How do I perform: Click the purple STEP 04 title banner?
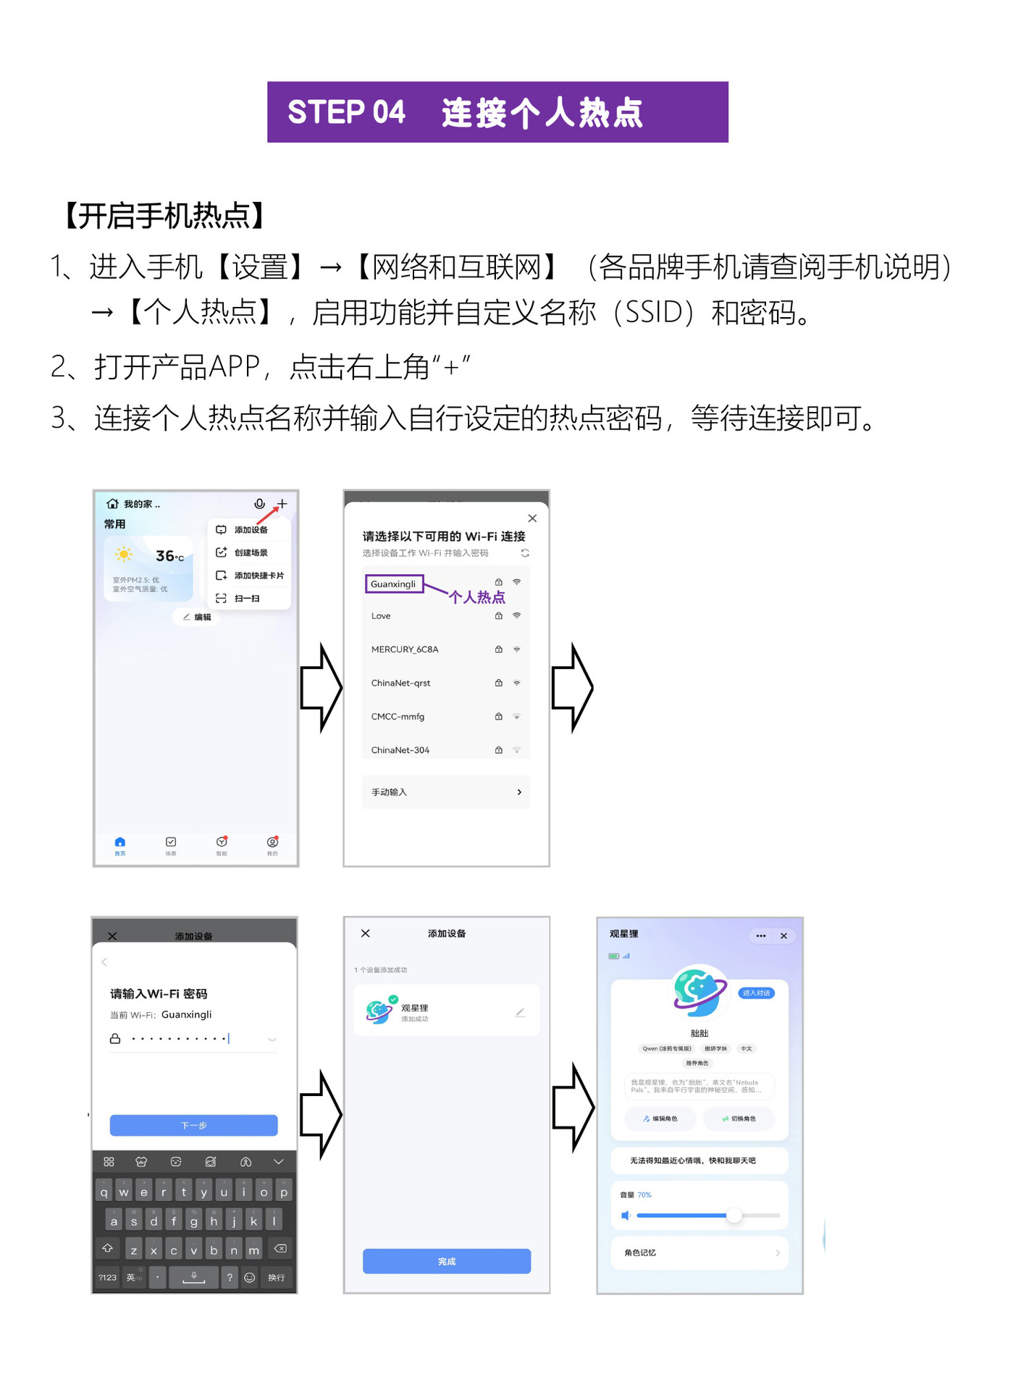click(497, 112)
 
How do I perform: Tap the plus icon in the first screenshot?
click(282, 504)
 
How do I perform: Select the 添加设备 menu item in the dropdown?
click(251, 530)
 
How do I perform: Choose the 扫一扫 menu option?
click(246, 599)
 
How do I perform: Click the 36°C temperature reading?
click(169, 556)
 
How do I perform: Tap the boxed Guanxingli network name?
click(394, 584)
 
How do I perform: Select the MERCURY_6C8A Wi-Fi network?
click(405, 649)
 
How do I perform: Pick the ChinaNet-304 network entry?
click(400, 750)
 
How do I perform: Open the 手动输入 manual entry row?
click(445, 792)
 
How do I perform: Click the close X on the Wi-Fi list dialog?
click(532, 518)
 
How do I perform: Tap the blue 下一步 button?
click(193, 1125)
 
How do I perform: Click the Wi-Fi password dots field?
click(181, 1039)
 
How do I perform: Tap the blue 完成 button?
click(446, 1261)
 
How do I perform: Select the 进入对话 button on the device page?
click(756, 993)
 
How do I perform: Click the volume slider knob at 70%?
click(734, 1216)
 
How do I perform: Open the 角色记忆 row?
click(699, 1252)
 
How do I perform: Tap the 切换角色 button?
click(739, 1119)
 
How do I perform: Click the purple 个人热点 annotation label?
click(477, 597)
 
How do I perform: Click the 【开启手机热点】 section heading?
click(164, 216)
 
